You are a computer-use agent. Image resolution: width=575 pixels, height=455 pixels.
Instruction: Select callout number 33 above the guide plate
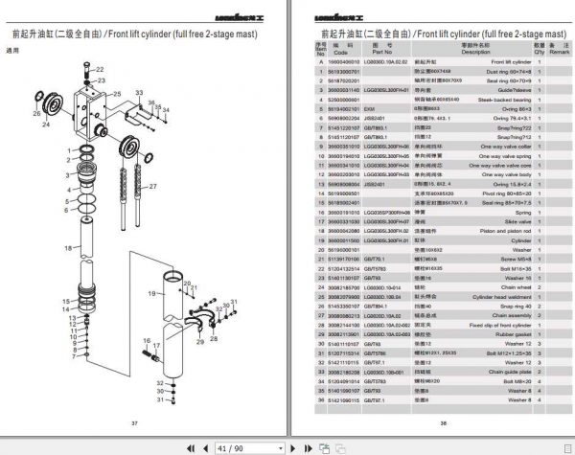pos(138,93)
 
